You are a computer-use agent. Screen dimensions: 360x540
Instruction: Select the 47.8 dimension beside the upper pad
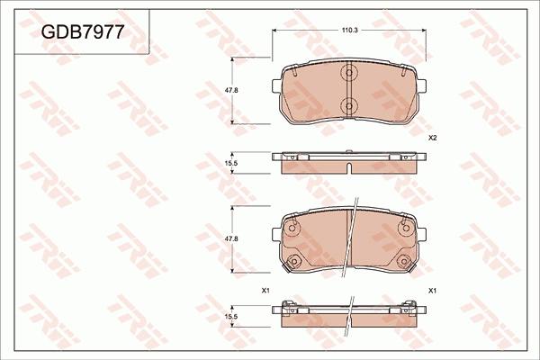coord(230,90)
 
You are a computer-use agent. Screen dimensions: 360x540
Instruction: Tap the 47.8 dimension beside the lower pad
coord(230,238)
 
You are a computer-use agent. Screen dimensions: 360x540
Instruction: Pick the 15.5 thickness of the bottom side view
coord(230,317)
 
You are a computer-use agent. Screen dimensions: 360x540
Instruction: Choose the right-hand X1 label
coord(432,290)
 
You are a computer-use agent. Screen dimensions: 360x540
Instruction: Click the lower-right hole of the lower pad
coord(401,261)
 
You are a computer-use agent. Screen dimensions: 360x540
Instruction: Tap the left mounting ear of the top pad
coord(275,87)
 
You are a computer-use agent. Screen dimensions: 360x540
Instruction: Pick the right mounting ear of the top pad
coord(422,87)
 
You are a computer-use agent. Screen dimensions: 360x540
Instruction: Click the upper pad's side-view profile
coord(349,162)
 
